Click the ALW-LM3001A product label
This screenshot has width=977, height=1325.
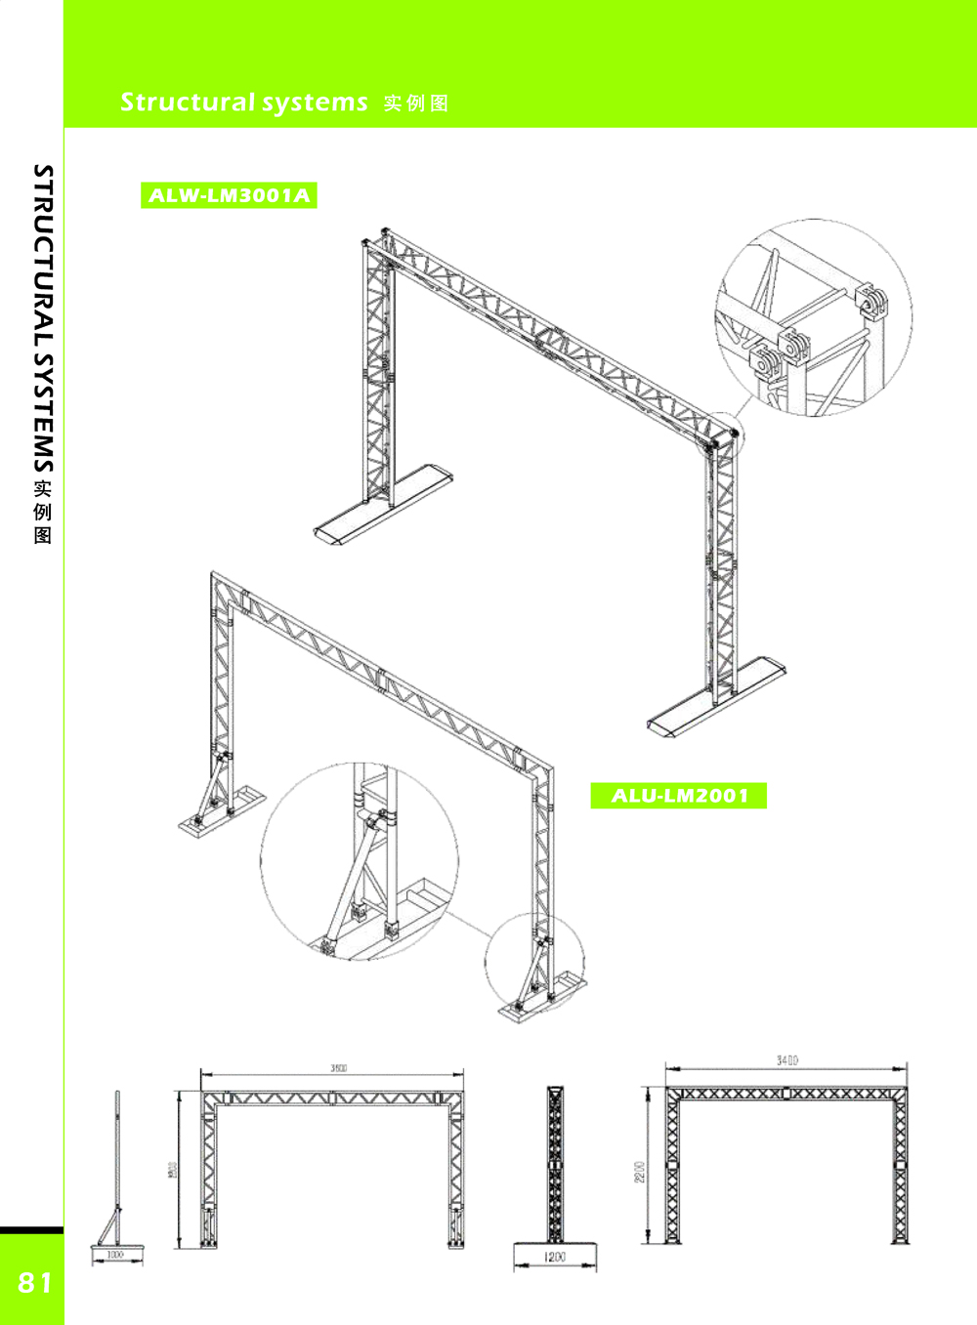point(229,195)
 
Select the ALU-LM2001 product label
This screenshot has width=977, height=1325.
point(679,796)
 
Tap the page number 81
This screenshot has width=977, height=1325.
point(35,1282)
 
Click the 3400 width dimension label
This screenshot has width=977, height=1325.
point(786,1060)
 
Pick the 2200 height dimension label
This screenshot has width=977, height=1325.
point(640,1172)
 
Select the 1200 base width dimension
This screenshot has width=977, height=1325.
point(555,1258)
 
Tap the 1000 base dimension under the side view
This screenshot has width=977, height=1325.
point(115,1255)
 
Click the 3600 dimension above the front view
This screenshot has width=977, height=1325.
point(338,1068)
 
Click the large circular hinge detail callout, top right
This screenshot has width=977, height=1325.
point(814,317)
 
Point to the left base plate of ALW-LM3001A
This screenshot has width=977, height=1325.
point(383,505)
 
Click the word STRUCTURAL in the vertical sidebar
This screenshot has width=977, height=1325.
point(43,254)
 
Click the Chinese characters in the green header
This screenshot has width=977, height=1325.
point(416,104)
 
